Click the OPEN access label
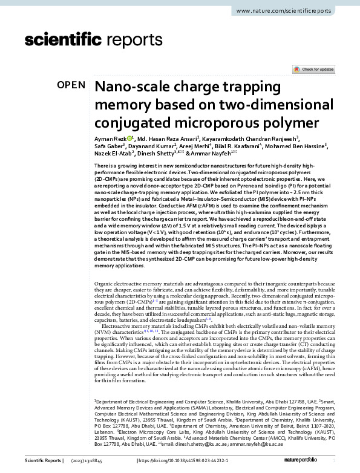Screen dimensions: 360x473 (x=71, y=85)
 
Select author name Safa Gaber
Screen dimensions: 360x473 (x=108, y=146)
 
